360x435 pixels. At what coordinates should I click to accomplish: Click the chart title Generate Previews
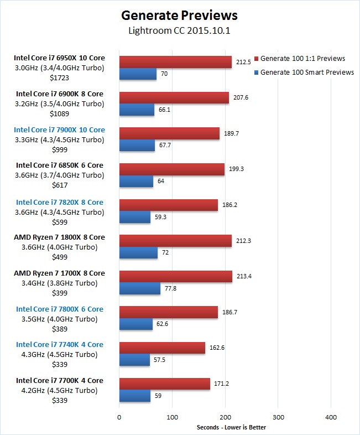(179, 15)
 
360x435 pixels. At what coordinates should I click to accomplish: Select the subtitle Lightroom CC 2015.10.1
(179, 31)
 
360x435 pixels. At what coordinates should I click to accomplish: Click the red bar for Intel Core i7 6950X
(175, 61)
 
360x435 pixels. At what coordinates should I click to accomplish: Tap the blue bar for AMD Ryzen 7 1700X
(139, 288)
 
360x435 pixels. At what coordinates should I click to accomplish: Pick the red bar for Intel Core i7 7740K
(162, 348)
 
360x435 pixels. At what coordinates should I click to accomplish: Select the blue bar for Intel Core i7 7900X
(137, 146)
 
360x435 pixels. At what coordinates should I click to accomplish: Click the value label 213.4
(243, 276)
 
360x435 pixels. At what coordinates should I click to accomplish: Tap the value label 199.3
(236, 168)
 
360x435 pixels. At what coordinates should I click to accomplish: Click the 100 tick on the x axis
(172, 417)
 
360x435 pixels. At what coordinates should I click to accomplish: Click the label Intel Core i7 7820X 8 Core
(60, 202)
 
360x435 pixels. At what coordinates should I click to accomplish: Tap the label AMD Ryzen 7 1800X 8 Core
(60, 237)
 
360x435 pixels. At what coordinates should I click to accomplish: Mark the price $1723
(60, 77)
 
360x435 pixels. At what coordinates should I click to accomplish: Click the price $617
(60, 185)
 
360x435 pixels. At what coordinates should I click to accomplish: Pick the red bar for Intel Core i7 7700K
(164, 384)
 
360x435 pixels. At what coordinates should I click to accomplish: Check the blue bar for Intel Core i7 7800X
(135, 324)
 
